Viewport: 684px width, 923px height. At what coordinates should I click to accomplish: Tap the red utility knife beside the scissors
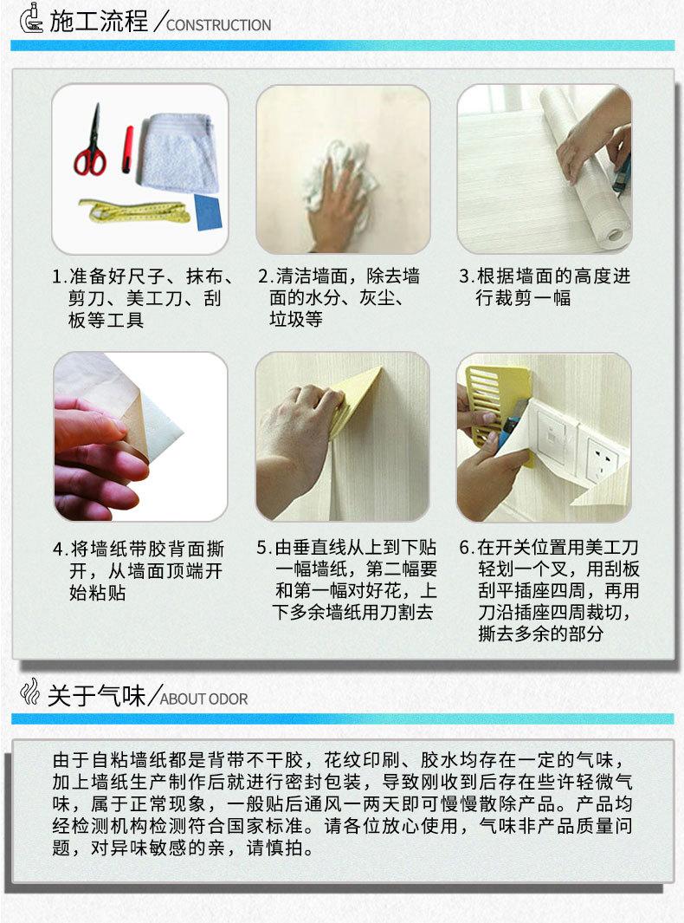[x=127, y=150]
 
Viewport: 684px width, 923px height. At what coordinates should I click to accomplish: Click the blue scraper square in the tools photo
[x=208, y=212]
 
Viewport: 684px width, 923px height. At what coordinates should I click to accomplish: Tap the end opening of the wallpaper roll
[x=615, y=235]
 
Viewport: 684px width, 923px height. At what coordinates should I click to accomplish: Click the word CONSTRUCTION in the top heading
[x=219, y=25]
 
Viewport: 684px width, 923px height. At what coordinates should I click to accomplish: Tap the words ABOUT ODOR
[x=204, y=699]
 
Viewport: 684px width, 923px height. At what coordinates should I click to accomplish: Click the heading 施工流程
[x=99, y=23]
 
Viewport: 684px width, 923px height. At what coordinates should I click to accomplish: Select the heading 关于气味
[x=96, y=696]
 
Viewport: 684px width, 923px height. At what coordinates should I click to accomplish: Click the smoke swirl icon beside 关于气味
[x=29, y=692]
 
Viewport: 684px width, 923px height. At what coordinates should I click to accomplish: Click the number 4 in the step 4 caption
[x=58, y=549]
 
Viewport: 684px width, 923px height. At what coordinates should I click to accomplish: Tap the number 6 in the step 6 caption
[x=464, y=548]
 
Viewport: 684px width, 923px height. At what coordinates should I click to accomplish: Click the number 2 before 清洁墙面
[x=263, y=276]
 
